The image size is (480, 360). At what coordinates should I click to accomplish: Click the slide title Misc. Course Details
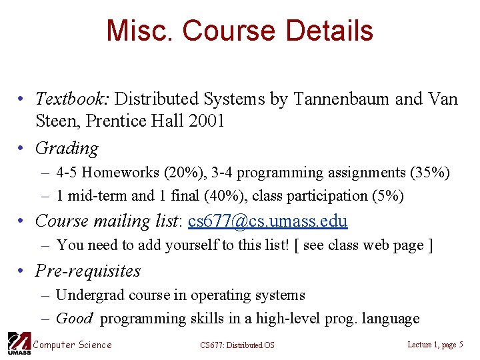pos(239,31)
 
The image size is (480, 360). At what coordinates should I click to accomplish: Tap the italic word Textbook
pos(73,99)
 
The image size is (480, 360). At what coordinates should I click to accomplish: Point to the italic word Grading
pos(66,148)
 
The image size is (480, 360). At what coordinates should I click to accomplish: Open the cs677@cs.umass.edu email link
pos(268,221)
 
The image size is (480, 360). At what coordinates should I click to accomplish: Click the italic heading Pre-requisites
pos(87,271)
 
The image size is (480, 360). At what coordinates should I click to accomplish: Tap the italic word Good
pos(74,319)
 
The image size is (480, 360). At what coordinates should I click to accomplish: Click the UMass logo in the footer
pos(18,343)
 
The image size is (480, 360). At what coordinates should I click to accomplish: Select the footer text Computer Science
pos(72,345)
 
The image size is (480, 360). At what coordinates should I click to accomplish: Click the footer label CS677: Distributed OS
pos(237,345)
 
